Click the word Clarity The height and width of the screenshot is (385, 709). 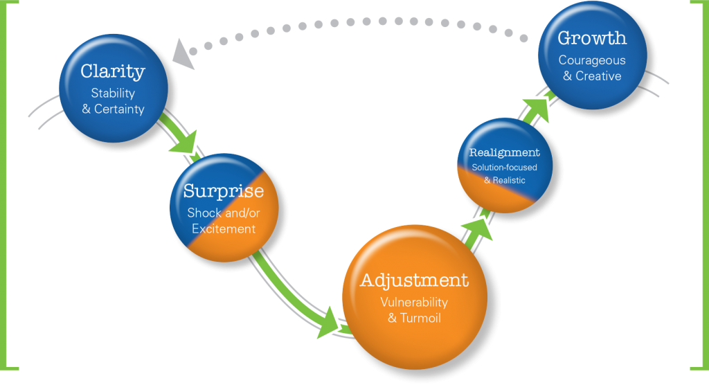click(112, 71)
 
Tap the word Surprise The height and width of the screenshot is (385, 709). click(223, 191)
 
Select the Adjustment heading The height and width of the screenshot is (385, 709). click(414, 280)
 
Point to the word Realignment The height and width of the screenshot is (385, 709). click(504, 152)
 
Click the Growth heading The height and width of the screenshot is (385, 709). click(592, 37)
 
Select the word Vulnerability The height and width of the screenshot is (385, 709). click(414, 302)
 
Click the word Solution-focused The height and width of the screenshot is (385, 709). click(504, 168)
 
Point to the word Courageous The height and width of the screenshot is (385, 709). click(592, 60)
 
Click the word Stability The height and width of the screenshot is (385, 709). click(112, 93)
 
